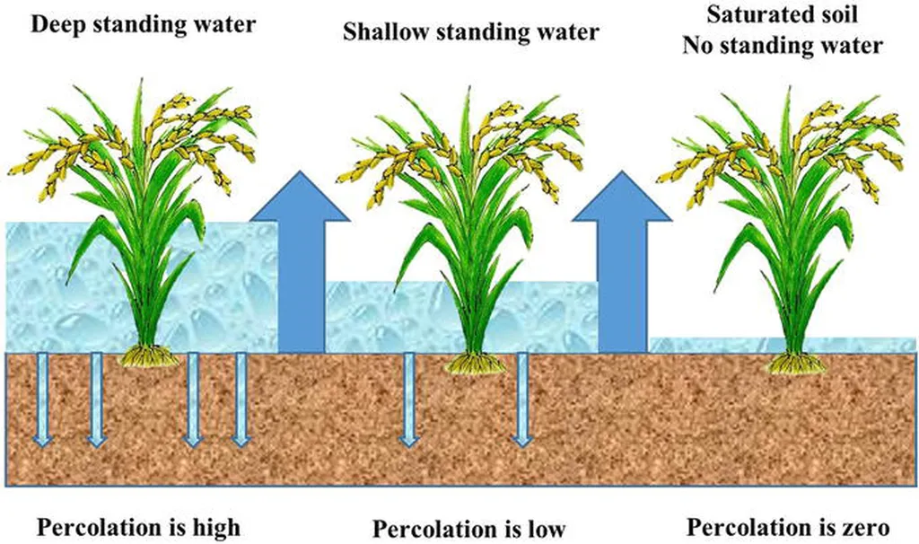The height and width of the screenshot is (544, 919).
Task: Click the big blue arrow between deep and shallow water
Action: (x=300, y=262)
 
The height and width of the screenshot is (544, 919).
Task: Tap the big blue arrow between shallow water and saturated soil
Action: (x=622, y=262)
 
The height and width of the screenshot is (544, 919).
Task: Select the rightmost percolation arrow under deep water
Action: (x=241, y=399)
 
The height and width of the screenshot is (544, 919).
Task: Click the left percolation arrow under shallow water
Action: (x=409, y=399)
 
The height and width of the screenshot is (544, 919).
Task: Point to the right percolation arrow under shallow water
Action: (x=521, y=399)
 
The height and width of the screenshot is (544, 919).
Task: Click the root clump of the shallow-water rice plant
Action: (x=476, y=363)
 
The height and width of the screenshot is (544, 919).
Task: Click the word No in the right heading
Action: (x=696, y=45)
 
